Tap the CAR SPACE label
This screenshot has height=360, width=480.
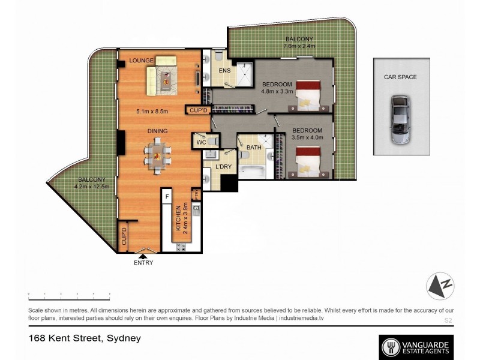tap(400, 77)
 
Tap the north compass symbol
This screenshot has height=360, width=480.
tap(440, 286)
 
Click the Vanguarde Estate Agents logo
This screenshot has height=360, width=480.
tap(416, 346)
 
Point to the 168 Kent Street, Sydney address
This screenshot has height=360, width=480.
tap(85, 338)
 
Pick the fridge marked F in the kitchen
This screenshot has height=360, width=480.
tap(167, 197)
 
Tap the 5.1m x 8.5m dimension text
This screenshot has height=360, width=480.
tap(153, 111)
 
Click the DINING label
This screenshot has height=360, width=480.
tap(158, 131)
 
